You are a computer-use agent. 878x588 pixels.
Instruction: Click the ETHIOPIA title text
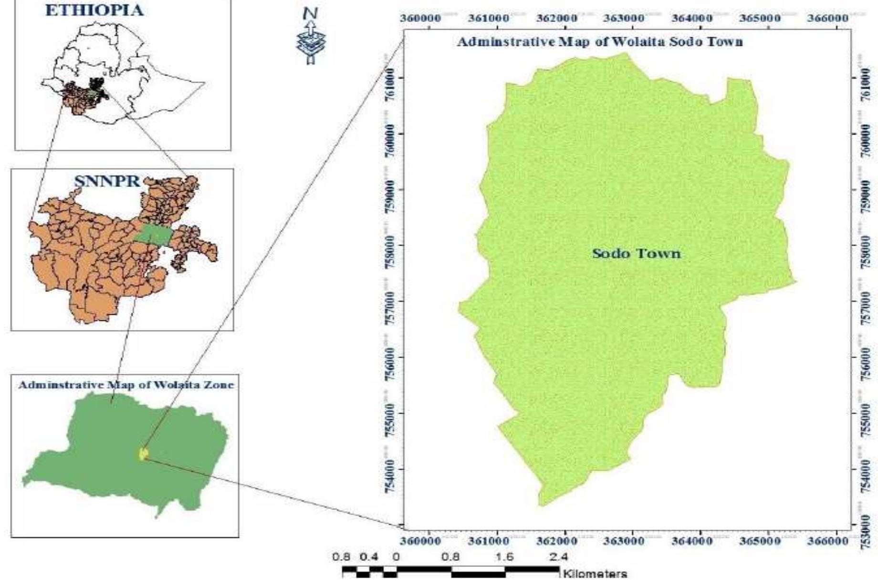click(x=94, y=10)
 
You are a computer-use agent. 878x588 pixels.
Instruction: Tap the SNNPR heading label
click(x=107, y=181)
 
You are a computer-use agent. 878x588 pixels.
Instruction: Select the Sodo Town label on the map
click(x=636, y=253)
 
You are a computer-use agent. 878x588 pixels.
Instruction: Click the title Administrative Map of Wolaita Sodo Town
click(x=600, y=42)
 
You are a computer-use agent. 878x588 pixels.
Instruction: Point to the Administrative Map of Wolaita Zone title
click(x=126, y=385)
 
